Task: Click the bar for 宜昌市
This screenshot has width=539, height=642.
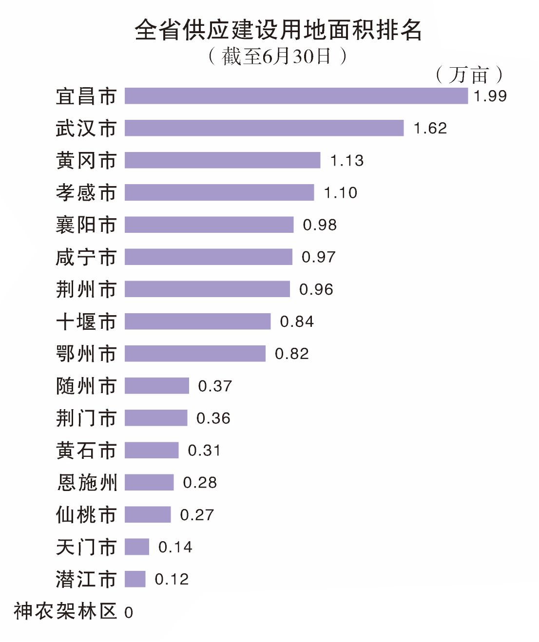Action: click(296, 96)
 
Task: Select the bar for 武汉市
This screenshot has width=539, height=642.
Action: click(264, 128)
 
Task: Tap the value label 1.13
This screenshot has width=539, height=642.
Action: click(347, 161)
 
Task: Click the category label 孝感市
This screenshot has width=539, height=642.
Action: click(86, 193)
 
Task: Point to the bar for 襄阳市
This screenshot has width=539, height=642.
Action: click(209, 225)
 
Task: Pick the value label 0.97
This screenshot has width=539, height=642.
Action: click(319, 257)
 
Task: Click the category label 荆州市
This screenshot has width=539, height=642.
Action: click(86, 289)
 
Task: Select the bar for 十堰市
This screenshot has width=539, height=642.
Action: click(197, 321)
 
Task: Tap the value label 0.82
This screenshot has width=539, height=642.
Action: click(292, 354)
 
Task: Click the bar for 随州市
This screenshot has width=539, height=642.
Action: click(156, 386)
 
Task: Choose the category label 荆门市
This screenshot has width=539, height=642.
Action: click(86, 418)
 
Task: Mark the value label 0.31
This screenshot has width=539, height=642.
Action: click(204, 451)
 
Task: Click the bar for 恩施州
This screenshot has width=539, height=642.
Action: click(149, 483)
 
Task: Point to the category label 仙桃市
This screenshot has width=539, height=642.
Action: click(86, 515)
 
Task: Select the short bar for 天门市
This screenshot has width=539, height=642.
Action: click(136, 547)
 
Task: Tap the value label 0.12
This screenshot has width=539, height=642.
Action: click(172, 580)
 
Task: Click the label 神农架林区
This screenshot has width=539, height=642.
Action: click(65, 611)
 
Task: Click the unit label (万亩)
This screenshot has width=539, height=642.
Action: click(468, 75)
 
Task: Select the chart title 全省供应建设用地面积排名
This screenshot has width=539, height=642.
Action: click(278, 30)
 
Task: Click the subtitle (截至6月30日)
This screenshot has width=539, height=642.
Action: click(277, 57)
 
